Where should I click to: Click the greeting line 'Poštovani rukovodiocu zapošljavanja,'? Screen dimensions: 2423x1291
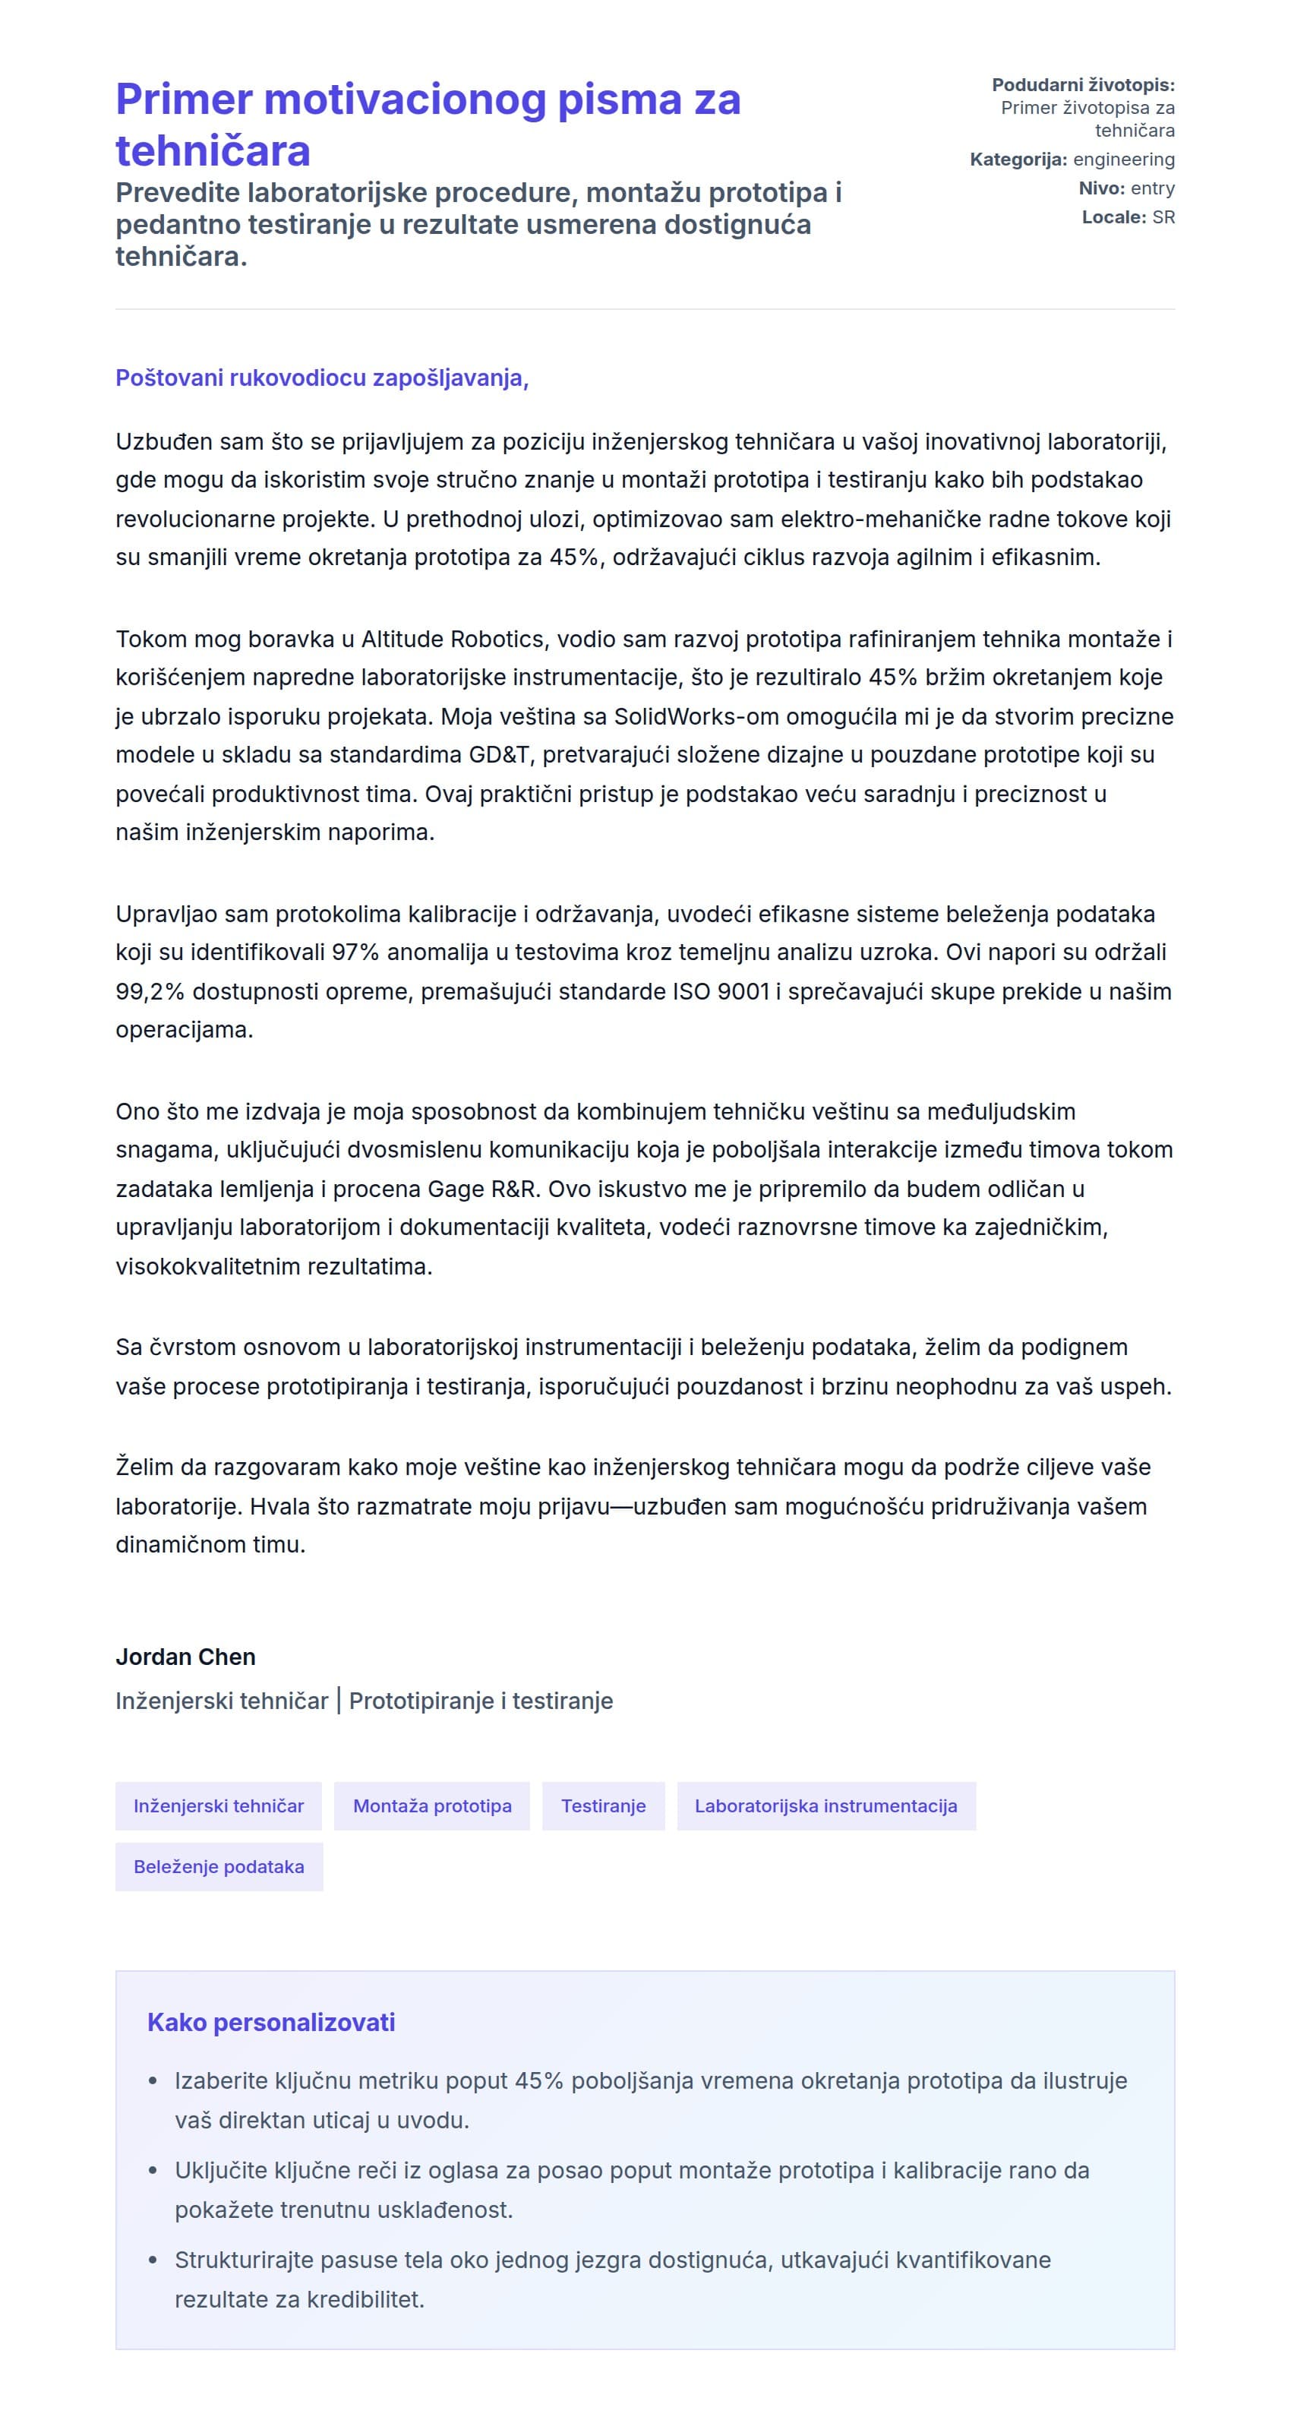click(321, 378)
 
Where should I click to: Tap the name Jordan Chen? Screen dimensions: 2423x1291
click(185, 1657)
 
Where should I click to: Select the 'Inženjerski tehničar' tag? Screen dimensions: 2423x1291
click(218, 1806)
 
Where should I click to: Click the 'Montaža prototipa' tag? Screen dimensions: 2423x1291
click(431, 1806)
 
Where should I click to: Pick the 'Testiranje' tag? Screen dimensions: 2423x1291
click(603, 1806)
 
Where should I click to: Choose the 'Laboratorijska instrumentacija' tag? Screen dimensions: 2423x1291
click(825, 1806)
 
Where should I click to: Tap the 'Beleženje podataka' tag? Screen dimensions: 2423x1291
click(218, 1866)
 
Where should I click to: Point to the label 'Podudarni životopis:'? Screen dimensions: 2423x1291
click(1082, 84)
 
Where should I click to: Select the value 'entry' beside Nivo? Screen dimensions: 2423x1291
click(1152, 188)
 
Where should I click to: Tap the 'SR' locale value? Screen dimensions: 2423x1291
click(1163, 217)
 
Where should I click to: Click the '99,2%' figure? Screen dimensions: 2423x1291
click(150, 991)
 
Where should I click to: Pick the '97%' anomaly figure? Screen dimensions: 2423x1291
click(355, 952)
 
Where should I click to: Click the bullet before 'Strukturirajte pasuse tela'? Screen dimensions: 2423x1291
click(153, 2260)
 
